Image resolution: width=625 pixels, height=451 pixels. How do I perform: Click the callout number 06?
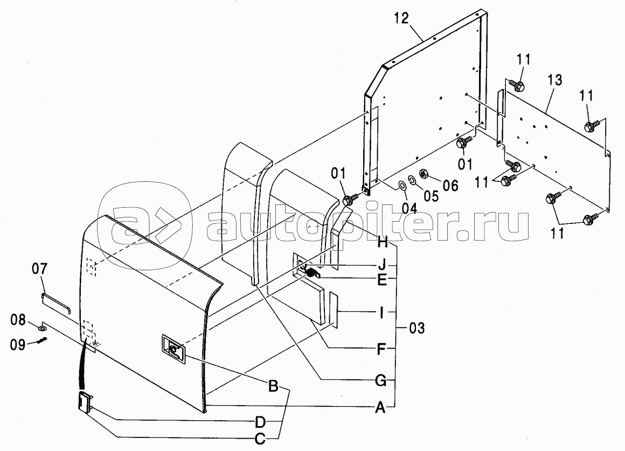[x=450, y=186]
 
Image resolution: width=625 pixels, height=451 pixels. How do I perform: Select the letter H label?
[x=382, y=243]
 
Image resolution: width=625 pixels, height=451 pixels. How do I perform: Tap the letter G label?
[x=380, y=381]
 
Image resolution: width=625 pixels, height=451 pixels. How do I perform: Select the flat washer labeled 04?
[x=402, y=186]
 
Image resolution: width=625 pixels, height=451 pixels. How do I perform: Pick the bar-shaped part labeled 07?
[x=57, y=302]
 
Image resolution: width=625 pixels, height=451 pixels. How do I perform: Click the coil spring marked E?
[x=311, y=274]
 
